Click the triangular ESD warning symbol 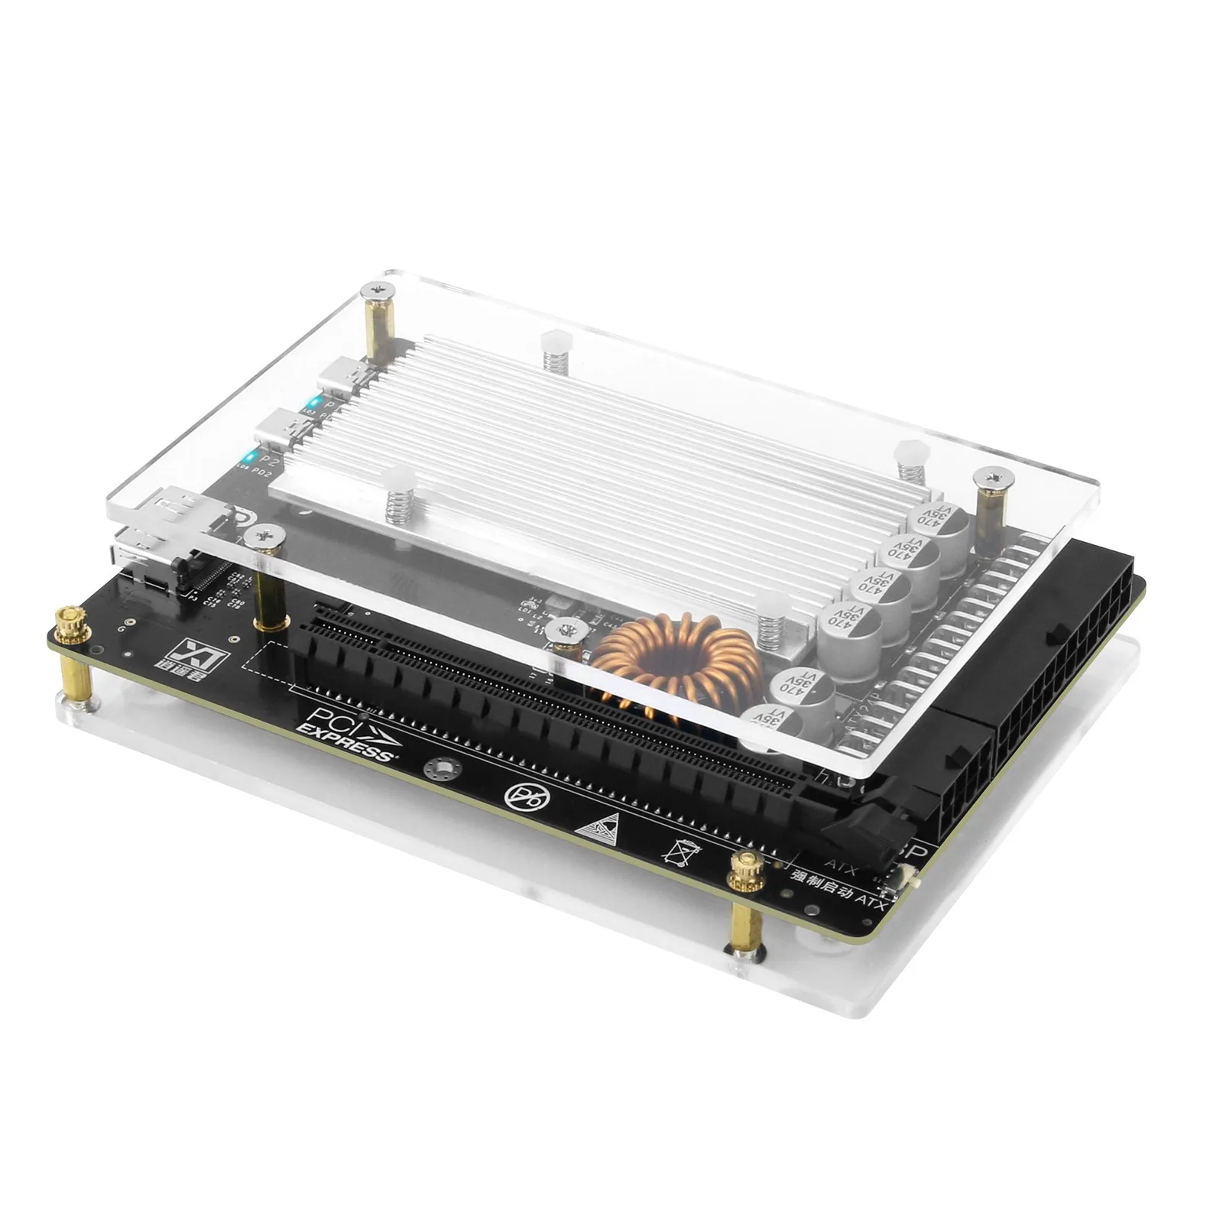click(599, 822)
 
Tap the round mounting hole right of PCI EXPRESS click(441, 767)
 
